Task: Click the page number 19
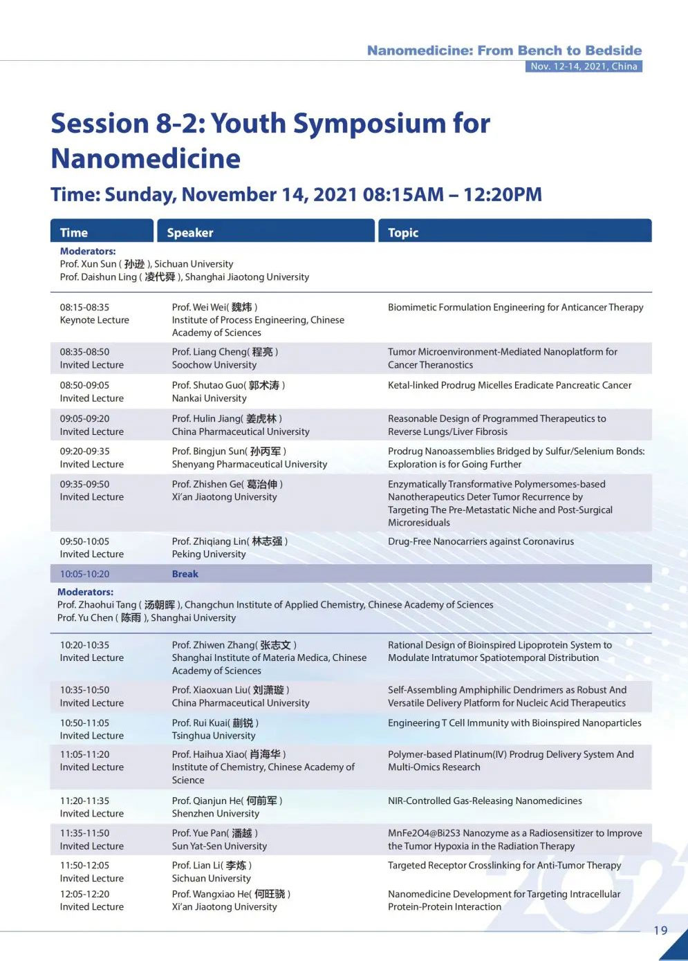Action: tap(660, 930)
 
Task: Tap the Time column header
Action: tap(74, 233)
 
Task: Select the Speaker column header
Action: tap(190, 233)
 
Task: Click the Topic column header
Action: tap(403, 233)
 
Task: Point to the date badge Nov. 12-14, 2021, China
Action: tap(584, 66)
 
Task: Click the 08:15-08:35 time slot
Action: tap(84, 307)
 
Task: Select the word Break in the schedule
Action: tap(185, 574)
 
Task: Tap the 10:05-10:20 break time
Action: tap(84, 574)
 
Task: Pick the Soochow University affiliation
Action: tap(214, 364)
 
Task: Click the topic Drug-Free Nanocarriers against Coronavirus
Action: tap(481, 541)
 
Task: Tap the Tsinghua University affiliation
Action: tap(213, 736)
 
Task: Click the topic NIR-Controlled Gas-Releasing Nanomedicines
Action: tap(485, 801)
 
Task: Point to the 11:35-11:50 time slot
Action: tap(84, 833)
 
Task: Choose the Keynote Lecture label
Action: tap(94, 320)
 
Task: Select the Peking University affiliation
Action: tap(208, 554)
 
